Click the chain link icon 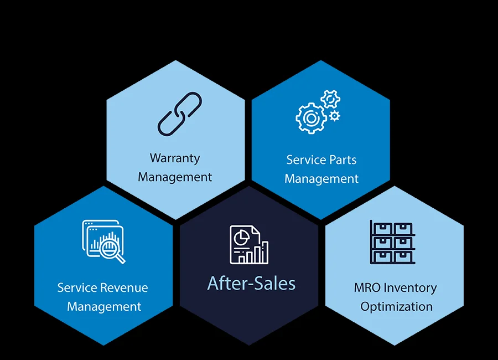[180, 114]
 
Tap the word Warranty [175, 158]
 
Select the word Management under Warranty [175, 177]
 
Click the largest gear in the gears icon [310, 118]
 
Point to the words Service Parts [321, 160]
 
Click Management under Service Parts [321, 179]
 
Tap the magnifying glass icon [114, 249]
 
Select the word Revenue [124, 288]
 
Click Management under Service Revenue [104, 307]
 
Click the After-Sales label [251, 284]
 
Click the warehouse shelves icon [392, 243]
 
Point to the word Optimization [396, 306]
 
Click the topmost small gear [330, 99]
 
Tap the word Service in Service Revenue [77, 288]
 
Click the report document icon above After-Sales [245, 244]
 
